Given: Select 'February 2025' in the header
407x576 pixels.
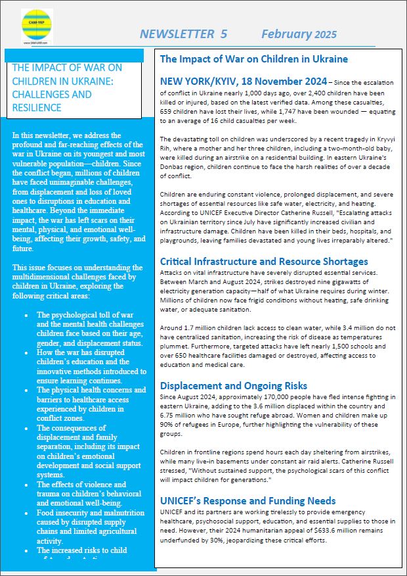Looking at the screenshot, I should coord(299,34).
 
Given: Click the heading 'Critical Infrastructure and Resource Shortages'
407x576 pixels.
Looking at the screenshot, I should coord(264,261).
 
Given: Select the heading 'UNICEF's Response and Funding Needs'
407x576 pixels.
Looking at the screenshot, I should coord(247,500).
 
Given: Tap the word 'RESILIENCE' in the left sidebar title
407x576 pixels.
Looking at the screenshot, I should coord(37,108).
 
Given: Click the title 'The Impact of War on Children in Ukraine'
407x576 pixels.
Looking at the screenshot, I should coord(253,59).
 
